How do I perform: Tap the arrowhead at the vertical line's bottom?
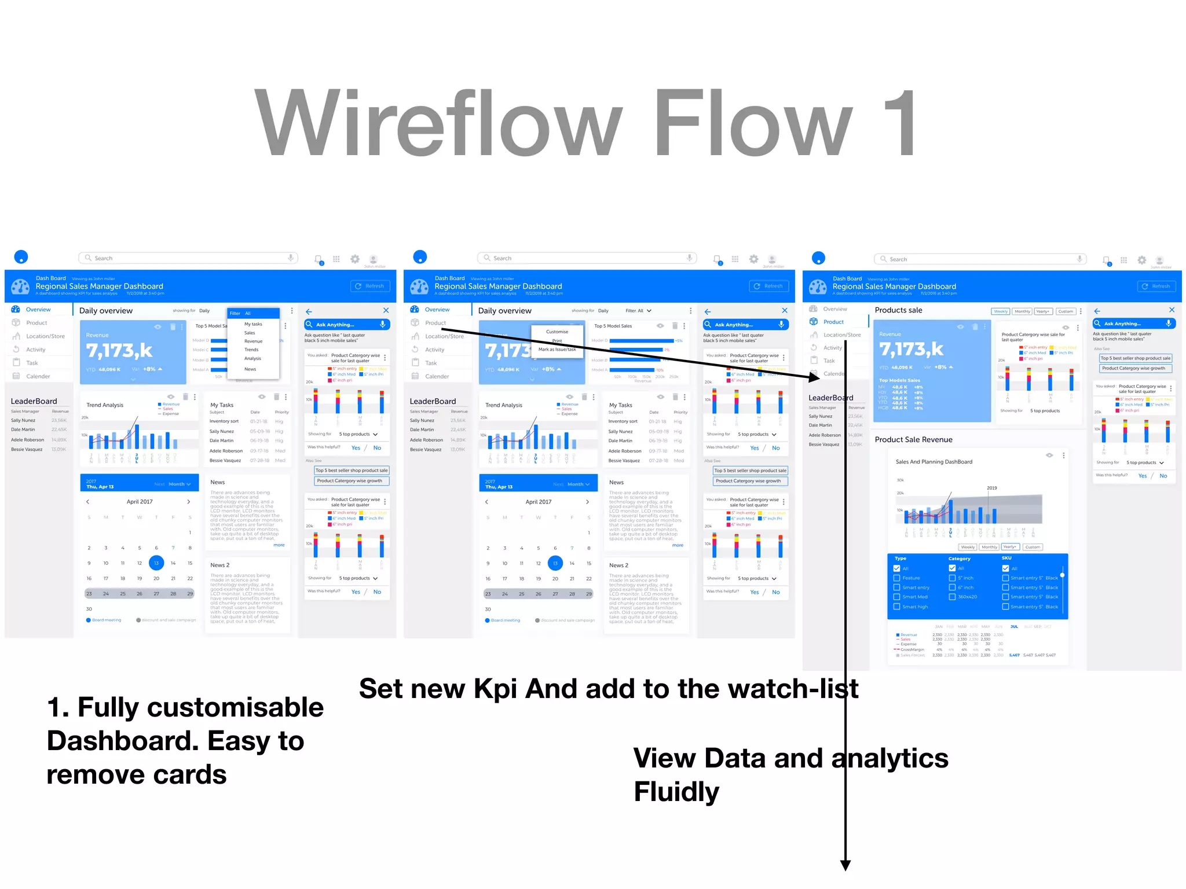click(x=845, y=865)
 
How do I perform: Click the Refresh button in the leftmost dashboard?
click(x=370, y=286)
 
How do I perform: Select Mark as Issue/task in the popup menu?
click(x=557, y=349)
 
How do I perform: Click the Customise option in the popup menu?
click(x=557, y=332)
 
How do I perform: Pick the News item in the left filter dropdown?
click(x=250, y=369)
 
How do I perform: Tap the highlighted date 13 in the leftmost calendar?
click(x=156, y=563)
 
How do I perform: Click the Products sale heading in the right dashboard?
click(x=898, y=310)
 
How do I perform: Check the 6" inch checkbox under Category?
click(x=952, y=587)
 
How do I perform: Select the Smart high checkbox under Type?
click(x=897, y=607)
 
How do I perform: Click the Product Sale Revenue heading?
click(x=913, y=439)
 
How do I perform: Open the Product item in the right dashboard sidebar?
click(x=833, y=322)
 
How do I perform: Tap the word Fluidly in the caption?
click(x=676, y=792)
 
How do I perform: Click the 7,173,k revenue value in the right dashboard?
click(x=911, y=350)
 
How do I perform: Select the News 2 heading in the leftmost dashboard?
click(x=219, y=565)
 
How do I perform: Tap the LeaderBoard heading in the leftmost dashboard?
click(x=34, y=401)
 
